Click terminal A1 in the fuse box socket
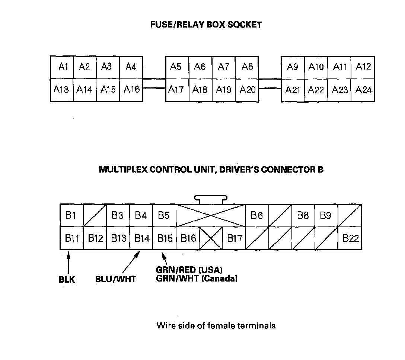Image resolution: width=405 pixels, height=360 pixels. pos(63,67)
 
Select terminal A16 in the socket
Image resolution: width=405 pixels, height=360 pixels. pos(131,90)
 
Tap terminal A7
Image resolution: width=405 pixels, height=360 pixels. pos(223,67)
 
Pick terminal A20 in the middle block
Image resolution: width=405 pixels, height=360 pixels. pos(247,90)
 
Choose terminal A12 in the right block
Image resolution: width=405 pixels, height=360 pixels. pos(363,67)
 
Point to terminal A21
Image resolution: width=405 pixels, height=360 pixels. pos(293,90)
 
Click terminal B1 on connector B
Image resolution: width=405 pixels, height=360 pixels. pos(71,215)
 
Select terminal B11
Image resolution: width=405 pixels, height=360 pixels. pos(71,238)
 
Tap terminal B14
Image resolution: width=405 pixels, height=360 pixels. pos(141,238)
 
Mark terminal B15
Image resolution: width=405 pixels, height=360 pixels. pos(165,238)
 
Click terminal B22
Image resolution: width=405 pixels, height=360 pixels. pos(350,238)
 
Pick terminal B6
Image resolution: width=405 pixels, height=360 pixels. pos(257,215)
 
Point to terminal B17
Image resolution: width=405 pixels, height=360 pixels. pos(235,238)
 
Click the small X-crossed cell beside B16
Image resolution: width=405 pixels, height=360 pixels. pos(211,238)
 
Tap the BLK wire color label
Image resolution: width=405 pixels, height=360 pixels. pos(67,280)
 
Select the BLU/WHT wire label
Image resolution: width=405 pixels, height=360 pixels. pos(115,279)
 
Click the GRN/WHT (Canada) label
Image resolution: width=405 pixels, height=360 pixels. pos(197,279)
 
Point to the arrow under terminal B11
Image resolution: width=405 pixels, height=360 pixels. pos(68,262)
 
